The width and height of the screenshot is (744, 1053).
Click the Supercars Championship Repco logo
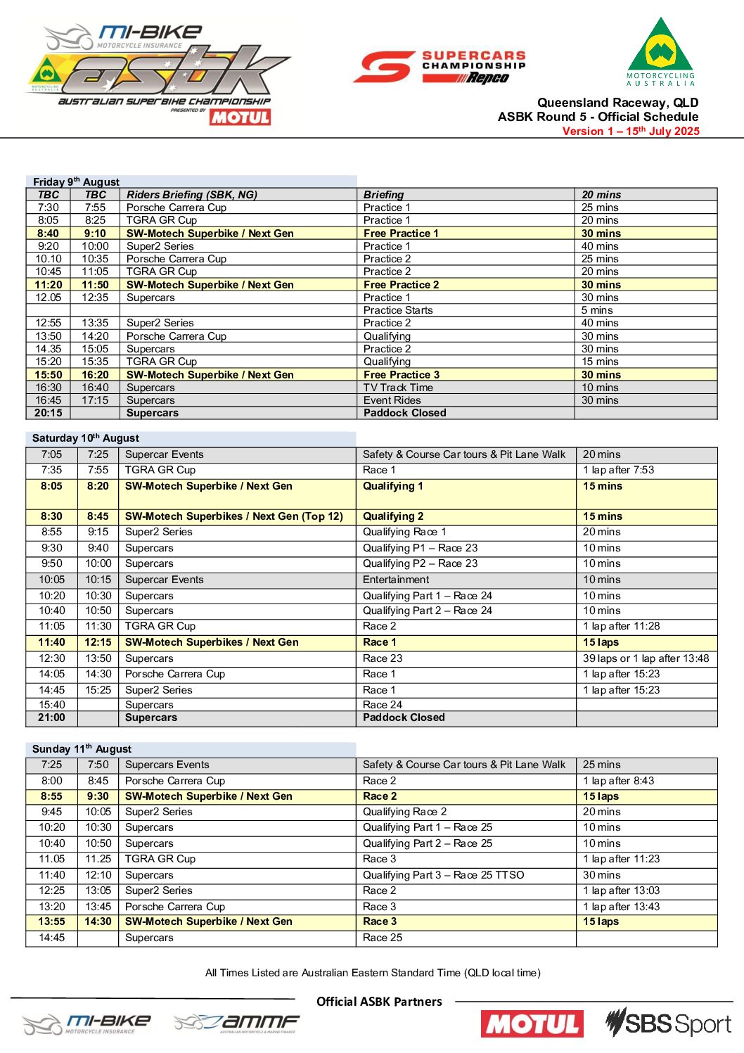pos(440,68)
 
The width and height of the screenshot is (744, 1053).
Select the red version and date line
pos(630,132)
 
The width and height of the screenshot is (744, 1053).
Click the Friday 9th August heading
pos(76,181)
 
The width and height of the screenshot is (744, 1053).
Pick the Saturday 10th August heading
pos(85,438)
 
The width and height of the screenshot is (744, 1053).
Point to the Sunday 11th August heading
pos(82,749)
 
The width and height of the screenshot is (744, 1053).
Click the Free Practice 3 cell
pos(402,375)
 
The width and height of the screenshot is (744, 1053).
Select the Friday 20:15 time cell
pos(48,413)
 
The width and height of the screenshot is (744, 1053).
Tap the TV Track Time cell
pos(398,388)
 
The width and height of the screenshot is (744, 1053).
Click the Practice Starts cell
pos(398,310)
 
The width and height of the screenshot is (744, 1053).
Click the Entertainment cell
pos(395,580)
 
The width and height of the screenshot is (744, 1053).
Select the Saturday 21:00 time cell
pos(51,717)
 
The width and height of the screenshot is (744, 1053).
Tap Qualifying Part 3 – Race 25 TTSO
pos(443,875)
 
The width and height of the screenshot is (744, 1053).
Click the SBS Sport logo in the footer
pos(669,1023)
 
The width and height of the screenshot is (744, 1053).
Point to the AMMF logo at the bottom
pos(237,1023)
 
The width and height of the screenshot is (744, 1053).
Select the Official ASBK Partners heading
pos(379,1002)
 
